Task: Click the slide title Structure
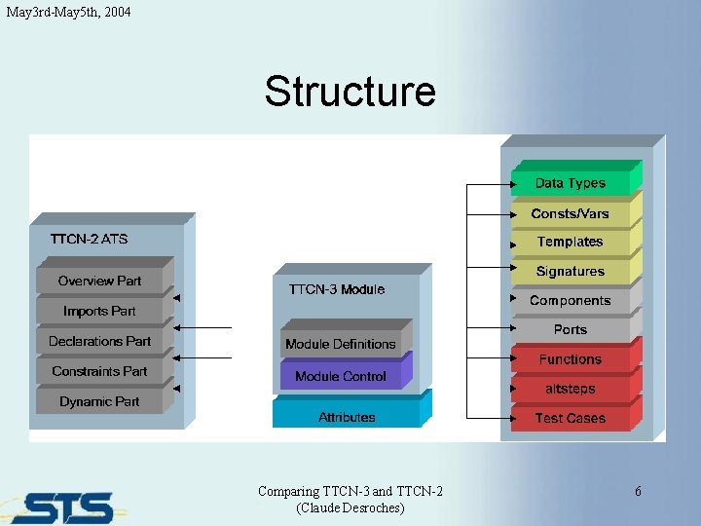click(x=350, y=92)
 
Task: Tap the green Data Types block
click(x=571, y=183)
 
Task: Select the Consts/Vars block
click(x=571, y=213)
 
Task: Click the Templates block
click(x=571, y=242)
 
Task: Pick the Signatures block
click(x=571, y=272)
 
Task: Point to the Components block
click(x=571, y=301)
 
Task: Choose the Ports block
click(x=571, y=330)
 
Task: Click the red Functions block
click(x=571, y=359)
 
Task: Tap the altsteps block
click(x=571, y=389)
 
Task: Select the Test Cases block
click(x=571, y=418)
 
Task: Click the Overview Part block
click(x=99, y=282)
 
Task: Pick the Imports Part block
click(x=99, y=312)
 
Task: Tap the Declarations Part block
click(x=99, y=342)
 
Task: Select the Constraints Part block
click(x=99, y=372)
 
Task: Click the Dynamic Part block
click(x=99, y=401)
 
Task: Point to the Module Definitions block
click(x=340, y=345)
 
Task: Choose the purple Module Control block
click(x=340, y=376)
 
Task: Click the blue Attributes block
click(x=347, y=417)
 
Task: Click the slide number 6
click(x=638, y=492)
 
